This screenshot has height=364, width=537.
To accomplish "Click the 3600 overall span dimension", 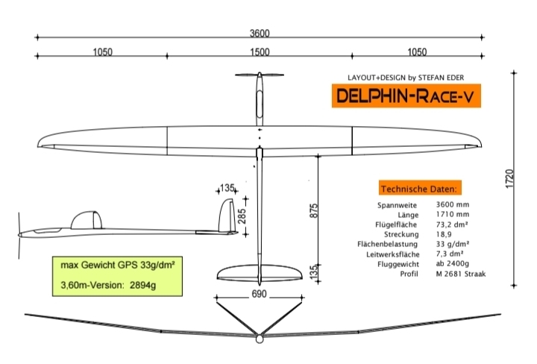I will click(260, 33).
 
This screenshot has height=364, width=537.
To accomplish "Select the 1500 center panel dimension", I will click(260, 52).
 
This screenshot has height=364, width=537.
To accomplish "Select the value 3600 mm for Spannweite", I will click(453, 204).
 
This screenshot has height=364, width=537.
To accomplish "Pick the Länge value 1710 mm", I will click(452, 213).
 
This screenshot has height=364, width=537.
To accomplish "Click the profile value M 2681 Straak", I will click(461, 274).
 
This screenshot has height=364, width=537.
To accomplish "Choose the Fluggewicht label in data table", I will click(399, 264).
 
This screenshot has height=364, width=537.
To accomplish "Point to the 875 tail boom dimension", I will click(314, 211).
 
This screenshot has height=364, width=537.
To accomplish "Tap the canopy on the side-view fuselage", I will click(86, 219).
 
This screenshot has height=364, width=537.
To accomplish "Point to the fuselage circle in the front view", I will click(259, 339).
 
